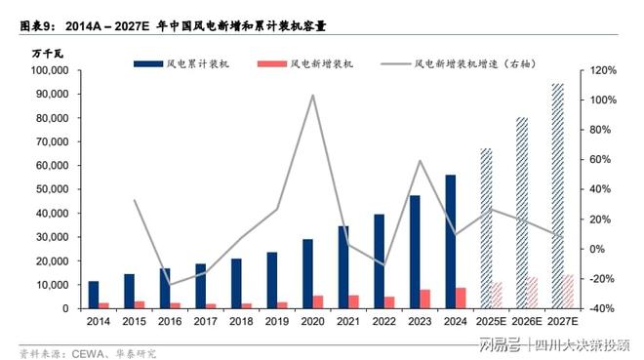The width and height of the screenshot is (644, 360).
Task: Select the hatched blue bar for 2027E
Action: pos(557,196)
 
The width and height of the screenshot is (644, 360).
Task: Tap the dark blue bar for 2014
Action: pos(94,295)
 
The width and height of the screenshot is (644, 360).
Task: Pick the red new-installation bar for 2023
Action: pos(425,299)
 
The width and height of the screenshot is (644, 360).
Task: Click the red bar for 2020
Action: pos(318,301)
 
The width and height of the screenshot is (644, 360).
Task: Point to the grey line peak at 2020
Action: pos(312,96)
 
